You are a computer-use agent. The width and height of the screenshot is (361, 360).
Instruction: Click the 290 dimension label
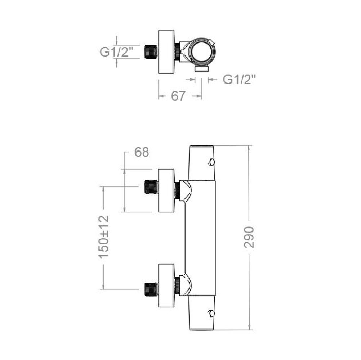(249, 237)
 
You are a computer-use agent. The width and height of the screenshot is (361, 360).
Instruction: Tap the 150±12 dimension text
(104, 237)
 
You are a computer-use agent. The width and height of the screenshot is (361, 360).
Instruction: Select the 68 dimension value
(142, 152)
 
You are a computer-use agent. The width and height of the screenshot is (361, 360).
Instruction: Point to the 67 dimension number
(178, 96)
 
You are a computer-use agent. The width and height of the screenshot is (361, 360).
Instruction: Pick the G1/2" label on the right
(240, 80)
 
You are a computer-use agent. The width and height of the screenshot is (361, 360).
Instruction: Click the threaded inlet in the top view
(151, 52)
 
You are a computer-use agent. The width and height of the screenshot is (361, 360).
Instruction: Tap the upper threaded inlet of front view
(151, 186)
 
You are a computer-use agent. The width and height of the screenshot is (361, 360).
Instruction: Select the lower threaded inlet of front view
(151, 289)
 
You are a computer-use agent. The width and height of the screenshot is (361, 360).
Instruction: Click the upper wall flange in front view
(166, 190)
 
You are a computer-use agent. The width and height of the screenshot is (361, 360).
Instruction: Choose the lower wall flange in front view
(166, 285)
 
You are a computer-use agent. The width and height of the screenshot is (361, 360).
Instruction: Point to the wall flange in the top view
(166, 52)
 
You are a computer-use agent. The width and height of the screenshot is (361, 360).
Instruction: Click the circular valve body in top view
(202, 51)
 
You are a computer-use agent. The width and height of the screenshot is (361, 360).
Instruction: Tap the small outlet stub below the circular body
(202, 68)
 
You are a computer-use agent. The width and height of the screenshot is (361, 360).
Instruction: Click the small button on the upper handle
(212, 162)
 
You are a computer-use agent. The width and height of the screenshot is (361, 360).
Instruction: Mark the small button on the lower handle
(212, 313)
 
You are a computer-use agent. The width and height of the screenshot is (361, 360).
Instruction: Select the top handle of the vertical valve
(202, 163)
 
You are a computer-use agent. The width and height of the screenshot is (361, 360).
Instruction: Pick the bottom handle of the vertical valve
(202, 313)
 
